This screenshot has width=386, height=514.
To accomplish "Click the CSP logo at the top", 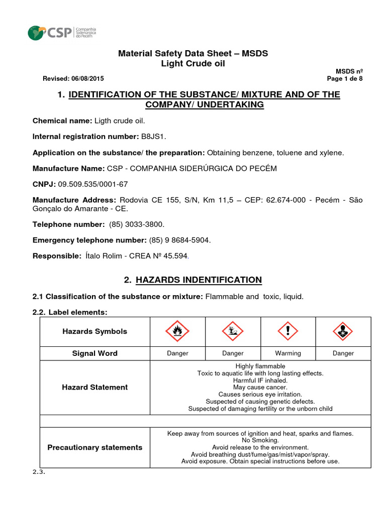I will pos(62,33).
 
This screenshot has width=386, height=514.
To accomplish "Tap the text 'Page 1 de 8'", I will pos(345,79).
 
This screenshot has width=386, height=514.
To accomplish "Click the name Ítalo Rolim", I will pos(105,256).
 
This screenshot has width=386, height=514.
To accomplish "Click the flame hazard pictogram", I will pos(177,331).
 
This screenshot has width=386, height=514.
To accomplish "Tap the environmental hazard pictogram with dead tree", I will pos(233,331).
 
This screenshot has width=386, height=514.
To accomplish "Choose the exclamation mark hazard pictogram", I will pos(288,331).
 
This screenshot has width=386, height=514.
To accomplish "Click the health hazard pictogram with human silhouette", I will pos(343,331).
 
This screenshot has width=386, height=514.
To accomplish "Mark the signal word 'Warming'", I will pos(288,353).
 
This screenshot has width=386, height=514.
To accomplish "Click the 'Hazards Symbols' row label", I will pos(94,331).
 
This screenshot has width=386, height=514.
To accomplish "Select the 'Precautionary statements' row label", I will pos(94,447).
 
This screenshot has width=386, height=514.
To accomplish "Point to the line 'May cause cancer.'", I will pos(260,388).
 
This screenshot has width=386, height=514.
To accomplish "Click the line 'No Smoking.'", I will pos(260,440).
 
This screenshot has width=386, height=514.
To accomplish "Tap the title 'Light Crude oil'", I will pos(193,63).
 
